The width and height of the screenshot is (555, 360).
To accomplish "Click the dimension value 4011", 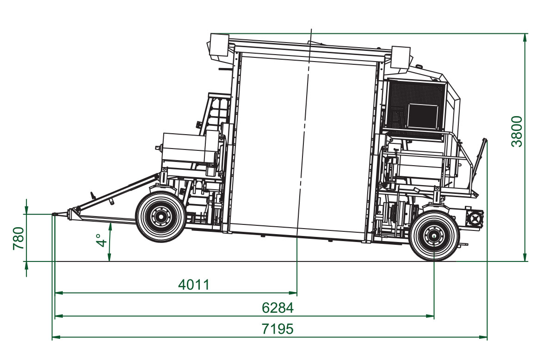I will [x=194, y=285].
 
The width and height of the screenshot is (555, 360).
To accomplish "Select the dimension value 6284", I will [x=277, y=308].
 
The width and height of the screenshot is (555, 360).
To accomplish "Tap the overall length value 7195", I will [x=277, y=329].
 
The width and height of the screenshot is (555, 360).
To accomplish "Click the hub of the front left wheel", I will [x=160, y=217].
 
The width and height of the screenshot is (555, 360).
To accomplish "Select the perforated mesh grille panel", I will [x=415, y=106].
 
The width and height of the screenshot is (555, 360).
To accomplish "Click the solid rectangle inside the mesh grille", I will [x=423, y=116].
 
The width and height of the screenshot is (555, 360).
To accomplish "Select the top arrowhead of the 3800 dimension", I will [x=525, y=37].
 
